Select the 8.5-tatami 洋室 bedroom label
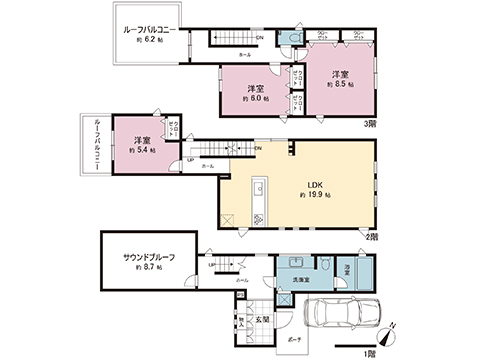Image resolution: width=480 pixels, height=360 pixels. tap(340, 75)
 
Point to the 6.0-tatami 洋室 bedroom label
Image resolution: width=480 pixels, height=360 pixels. tap(253, 89)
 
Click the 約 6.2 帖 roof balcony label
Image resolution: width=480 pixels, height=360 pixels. tap(149, 45)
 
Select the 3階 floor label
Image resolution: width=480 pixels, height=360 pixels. tap(370, 124)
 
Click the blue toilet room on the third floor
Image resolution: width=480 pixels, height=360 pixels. tap(294, 38)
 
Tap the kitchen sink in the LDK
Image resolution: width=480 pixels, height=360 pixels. tap(257, 190)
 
